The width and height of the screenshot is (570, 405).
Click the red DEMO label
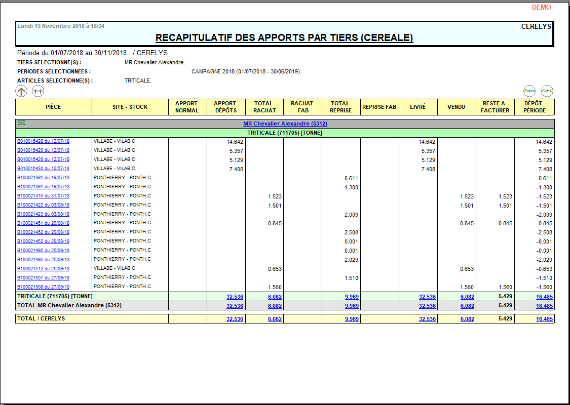pos(541,8)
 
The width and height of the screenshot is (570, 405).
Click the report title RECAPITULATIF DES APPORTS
pos(284,38)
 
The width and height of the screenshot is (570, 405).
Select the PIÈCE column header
pos(53,107)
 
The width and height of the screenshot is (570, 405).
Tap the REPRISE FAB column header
pos(379,107)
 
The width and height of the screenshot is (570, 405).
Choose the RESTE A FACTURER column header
pos(495,107)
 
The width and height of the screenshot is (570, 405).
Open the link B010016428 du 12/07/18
pos(43,141)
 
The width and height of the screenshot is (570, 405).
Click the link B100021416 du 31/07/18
pos(43,196)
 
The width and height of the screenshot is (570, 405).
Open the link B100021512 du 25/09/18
pos(43,269)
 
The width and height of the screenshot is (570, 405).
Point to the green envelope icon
pos(21,123)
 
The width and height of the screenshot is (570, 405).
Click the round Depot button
pos(529,91)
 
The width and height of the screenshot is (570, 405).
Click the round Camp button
pos(547,91)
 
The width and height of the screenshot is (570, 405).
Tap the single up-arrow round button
pos(21,91)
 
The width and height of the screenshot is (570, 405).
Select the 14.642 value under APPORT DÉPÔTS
pos(235,142)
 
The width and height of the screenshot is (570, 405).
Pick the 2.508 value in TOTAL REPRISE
pos(351,233)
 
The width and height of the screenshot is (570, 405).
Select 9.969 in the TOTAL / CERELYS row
pos(351,319)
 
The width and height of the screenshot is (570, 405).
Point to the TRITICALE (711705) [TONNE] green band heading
pos(284,133)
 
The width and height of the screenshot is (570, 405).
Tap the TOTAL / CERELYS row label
pos(41,318)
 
